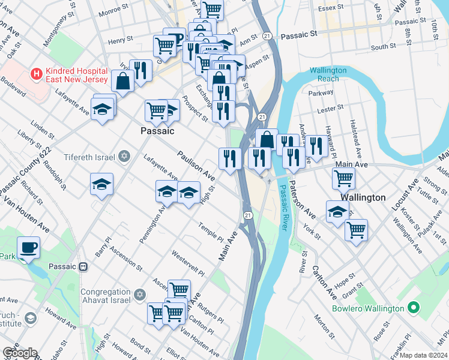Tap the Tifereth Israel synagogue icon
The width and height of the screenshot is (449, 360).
tap(124, 157)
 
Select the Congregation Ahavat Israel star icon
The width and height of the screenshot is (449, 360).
tap(140, 296)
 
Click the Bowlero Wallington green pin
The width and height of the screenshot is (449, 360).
tap(412, 308)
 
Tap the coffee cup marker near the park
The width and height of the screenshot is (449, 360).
tap(28, 247)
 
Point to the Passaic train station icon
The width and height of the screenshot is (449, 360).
tap(83, 266)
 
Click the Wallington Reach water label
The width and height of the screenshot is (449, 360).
tap(328, 74)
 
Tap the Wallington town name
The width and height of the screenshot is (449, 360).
tap(363, 197)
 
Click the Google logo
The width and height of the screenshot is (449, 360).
tap(19, 353)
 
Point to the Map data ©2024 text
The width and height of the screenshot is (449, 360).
tap(424, 355)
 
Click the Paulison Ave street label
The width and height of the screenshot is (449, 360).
tap(196, 166)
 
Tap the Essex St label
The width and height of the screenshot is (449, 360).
tap(330, 8)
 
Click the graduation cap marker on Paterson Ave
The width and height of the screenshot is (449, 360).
tap(338, 212)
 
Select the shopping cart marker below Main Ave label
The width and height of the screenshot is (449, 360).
tap(343, 178)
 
